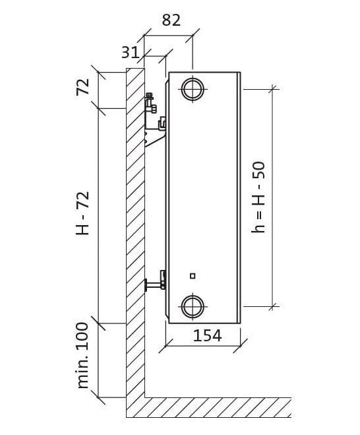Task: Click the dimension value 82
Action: [x=171, y=20]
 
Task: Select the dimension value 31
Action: [x=130, y=52]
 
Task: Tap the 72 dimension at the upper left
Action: [x=83, y=87]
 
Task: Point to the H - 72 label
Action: [x=82, y=213]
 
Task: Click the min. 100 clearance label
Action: [x=83, y=355]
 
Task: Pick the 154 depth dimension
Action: [x=207, y=335]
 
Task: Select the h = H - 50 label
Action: [x=258, y=197]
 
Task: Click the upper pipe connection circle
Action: [x=193, y=89]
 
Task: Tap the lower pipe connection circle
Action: [x=193, y=306]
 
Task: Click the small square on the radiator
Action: [x=193, y=276]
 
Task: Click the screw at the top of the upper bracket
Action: [x=150, y=96]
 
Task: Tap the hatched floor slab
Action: [x=218, y=407]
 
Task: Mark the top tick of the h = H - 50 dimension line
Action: [x=272, y=89]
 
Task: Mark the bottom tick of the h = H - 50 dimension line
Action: [x=272, y=306]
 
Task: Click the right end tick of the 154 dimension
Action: [x=240, y=346]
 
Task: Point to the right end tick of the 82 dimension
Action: [x=193, y=35]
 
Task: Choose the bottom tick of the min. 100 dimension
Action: [x=98, y=397]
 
